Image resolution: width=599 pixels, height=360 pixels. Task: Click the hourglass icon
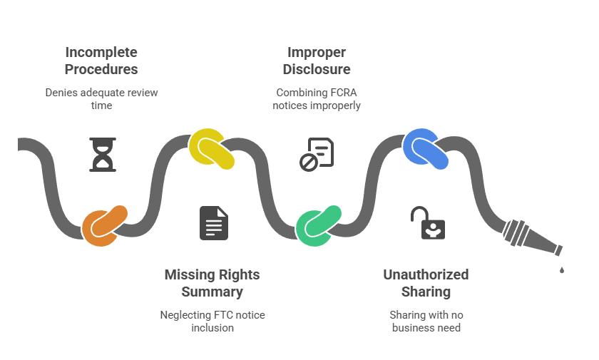pyautogui.click(x=103, y=155)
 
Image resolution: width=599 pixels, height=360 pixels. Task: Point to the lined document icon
pyautogui.click(x=214, y=223)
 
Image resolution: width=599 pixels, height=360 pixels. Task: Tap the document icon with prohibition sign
pyautogui.click(x=316, y=155)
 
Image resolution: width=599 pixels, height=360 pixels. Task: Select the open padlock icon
pyautogui.click(x=428, y=223)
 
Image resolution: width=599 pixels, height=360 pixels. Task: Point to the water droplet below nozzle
pyautogui.click(x=562, y=269)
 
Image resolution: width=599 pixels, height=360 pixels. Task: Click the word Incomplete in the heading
pyautogui.click(x=101, y=52)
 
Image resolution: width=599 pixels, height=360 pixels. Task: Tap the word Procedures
pyautogui.click(x=101, y=69)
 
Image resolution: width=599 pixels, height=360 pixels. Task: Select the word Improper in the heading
pyautogui.click(x=316, y=52)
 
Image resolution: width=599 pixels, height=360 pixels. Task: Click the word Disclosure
pyautogui.click(x=316, y=69)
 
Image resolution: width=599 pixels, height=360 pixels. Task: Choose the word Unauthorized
pyautogui.click(x=426, y=274)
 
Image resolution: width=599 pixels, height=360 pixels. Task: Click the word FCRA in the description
pyautogui.click(x=344, y=93)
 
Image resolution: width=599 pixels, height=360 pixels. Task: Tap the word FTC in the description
pyautogui.click(x=224, y=315)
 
